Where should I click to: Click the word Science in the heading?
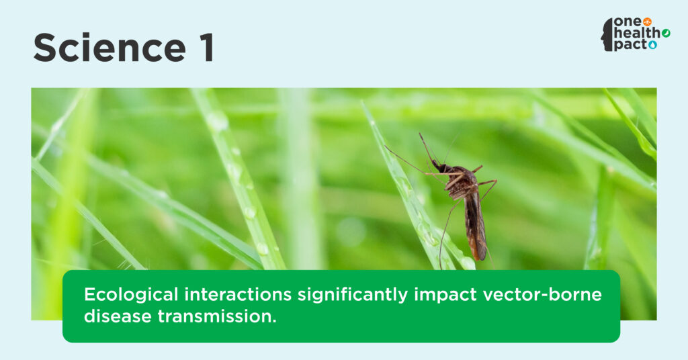(110, 48)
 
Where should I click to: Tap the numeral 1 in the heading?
(208, 48)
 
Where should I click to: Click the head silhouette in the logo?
(607, 35)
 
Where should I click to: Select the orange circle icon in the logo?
(647, 22)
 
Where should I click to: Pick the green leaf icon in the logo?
(666, 34)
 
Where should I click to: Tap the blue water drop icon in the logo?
(653, 45)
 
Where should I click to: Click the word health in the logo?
(638, 33)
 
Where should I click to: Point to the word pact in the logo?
(631, 45)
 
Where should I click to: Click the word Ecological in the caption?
(131, 294)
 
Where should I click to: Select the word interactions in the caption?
(238, 294)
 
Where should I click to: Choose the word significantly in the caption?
(353, 295)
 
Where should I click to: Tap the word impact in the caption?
(445, 295)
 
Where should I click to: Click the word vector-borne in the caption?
(542, 294)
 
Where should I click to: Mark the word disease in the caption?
(118, 316)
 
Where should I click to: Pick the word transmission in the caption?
(217, 316)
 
